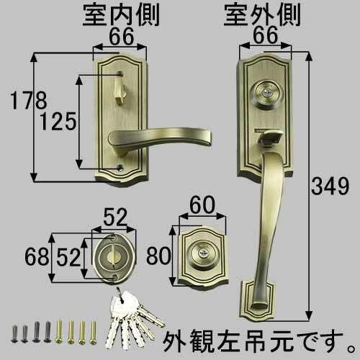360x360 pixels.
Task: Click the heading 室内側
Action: (121, 16)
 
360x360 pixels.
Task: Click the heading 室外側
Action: (262, 16)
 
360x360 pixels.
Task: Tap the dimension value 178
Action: (29, 101)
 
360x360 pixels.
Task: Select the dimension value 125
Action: (58, 122)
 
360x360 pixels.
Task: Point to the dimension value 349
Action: (330, 186)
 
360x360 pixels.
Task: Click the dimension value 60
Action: (202, 205)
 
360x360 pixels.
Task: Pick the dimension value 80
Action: (158, 256)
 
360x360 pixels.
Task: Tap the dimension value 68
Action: (37, 257)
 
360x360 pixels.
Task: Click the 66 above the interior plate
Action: (121, 37)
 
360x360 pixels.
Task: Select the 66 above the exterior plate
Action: (266, 35)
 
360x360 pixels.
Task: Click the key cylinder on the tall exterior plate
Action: (264, 94)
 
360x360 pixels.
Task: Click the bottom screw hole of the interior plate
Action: (120, 167)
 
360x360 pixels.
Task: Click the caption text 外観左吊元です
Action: (259, 340)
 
